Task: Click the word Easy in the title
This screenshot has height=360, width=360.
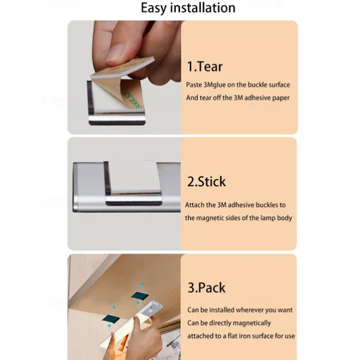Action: coord(153,8)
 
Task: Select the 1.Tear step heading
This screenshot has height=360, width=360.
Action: coord(205,67)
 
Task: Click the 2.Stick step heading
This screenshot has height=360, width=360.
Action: coord(207,182)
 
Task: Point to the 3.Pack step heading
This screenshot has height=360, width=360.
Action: coord(207,287)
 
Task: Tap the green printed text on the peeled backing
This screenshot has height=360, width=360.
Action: coord(133,100)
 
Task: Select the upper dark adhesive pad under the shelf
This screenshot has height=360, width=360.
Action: coord(139,296)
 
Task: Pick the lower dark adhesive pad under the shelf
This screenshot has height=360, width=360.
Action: coord(111,319)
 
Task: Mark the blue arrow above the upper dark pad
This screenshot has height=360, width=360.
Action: coord(142,286)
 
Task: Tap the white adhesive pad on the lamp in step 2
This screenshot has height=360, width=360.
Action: coord(135,176)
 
